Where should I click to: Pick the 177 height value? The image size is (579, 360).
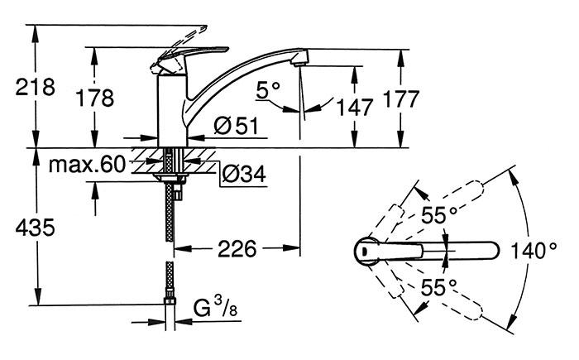(x=402, y=98)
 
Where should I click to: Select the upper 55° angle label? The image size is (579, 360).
(x=441, y=215)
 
